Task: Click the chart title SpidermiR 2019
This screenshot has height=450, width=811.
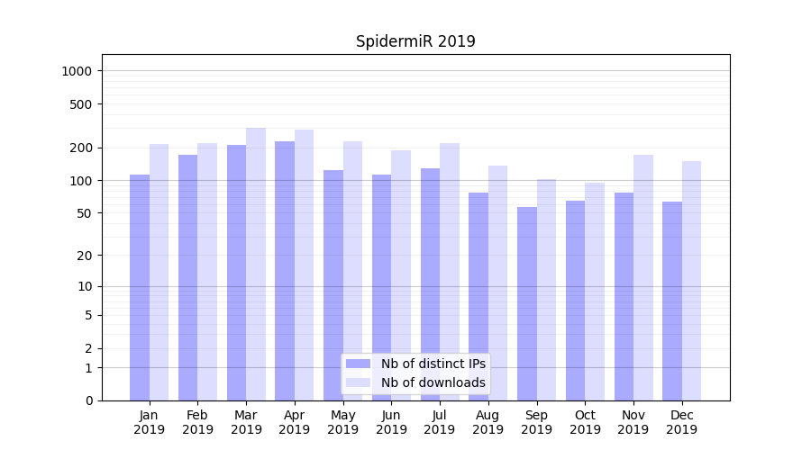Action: (415, 41)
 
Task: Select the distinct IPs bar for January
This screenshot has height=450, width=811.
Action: (140, 288)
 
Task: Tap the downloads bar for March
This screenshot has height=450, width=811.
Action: (256, 265)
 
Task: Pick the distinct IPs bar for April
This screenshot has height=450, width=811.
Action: (285, 271)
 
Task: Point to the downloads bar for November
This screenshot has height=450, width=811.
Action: (643, 278)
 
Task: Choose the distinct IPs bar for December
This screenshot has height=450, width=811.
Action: (672, 301)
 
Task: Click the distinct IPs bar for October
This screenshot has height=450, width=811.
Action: (576, 301)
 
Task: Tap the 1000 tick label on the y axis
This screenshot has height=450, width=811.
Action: (78, 71)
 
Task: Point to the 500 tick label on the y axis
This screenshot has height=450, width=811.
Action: (82, 104)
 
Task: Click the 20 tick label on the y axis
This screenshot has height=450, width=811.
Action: (85, 256)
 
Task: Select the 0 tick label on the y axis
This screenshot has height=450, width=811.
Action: (88, 400)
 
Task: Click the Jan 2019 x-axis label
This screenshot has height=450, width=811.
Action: (150, 422)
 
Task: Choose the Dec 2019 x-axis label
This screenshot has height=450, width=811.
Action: (682, 422)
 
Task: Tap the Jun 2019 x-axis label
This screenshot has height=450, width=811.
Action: (391, 422)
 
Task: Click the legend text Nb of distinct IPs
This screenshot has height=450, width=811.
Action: (433, 364)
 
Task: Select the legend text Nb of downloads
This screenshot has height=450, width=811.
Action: (433, 382)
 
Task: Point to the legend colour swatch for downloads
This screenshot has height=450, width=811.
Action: (358, 382)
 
